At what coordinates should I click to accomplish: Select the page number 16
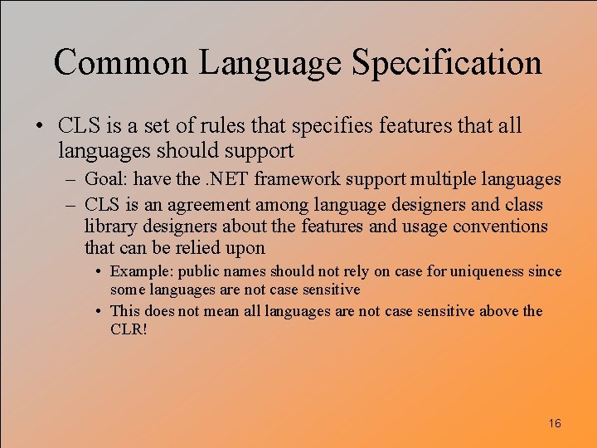click(555, 423)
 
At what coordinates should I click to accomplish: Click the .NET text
click(229, 178)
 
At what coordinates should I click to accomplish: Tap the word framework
click(294, 178)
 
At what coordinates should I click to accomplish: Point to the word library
click(109, 226)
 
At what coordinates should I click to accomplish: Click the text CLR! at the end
click(127, 329)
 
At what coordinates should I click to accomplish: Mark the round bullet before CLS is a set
click(40, 126)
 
